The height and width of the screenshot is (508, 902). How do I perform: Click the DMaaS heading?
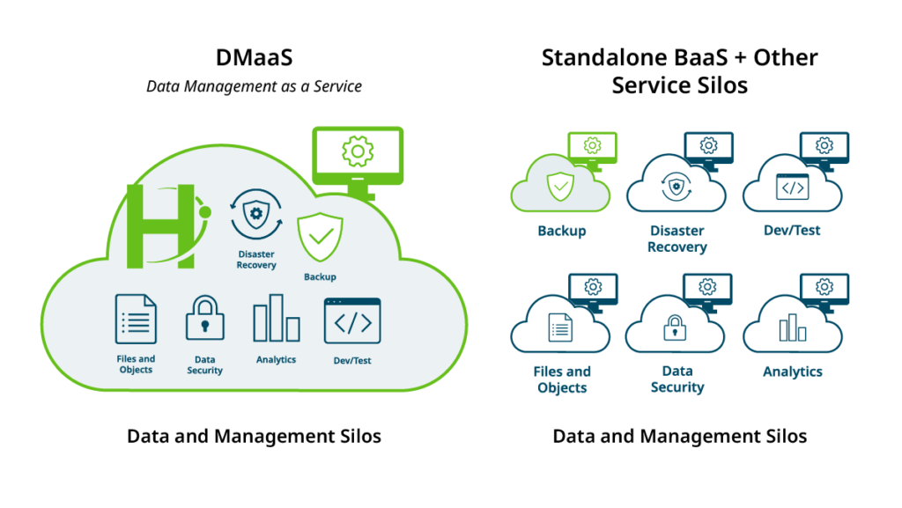(x=254, y=58)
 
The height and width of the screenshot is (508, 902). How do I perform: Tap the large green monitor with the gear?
(x=358, y=155)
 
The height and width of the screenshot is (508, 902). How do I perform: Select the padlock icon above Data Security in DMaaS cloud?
(x=204, y=319)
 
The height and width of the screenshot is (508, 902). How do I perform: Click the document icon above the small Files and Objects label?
(x=136, y=319)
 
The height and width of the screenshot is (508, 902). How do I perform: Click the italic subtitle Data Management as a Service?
(x=254, y=86)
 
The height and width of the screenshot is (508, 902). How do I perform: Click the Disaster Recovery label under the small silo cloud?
(x=676, y=239)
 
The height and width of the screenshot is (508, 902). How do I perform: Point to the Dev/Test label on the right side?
(x=792, y=231)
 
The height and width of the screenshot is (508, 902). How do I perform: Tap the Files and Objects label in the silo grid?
(x=561, y=379)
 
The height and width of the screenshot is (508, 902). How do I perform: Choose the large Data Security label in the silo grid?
(x=676, y=379)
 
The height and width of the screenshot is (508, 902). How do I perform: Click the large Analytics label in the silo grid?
(x=792, y=372)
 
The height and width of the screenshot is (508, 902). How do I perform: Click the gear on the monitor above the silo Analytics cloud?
(x=824, y=286)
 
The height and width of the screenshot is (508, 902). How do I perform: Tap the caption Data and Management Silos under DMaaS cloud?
(x=254, y=436)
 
